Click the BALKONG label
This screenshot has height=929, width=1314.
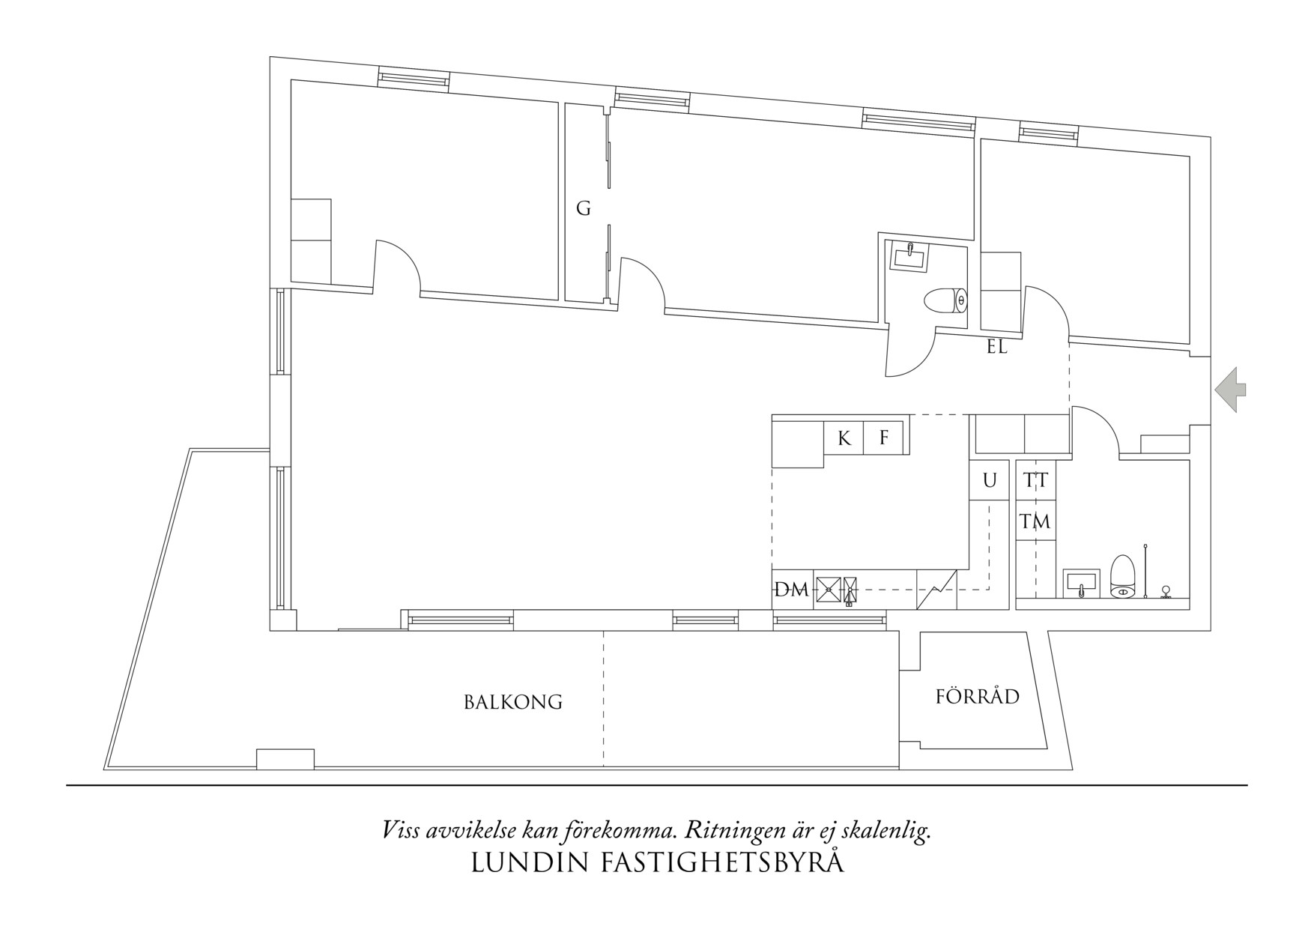pyautogui.click(x=512, y=702)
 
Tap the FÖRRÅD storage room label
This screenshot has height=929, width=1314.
pyautogui.click(x=978, y=696)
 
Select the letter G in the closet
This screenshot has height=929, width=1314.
pyautogui.click(x=583, y=209)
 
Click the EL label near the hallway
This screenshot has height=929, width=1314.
pyautogui.click(x=997, y=348)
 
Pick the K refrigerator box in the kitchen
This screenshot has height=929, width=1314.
pyautogui.click(x=844, y=438)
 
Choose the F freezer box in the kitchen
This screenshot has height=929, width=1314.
pyautogui.click(x=883, y=438)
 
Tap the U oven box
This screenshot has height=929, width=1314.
pyautogui.click(x=990, y=480)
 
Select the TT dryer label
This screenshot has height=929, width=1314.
pyautogui.click(x=1036, y=480)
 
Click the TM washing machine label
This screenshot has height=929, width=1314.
pyautogui.click(x=1036, y=521)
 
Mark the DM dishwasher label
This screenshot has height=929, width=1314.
pyautogui.click(x=792, y=590)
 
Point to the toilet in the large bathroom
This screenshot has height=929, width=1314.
pyautogui.click(x=1121, y=576)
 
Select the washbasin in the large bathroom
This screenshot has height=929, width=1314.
pyautogui.click(x=1080, y=583)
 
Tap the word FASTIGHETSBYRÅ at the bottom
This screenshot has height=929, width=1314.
pyautogui.click(x=722, y=862)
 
